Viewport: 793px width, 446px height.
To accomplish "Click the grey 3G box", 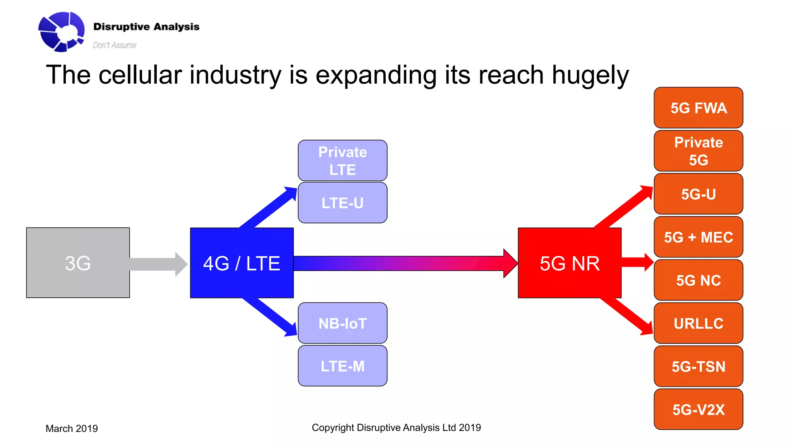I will click(x=78, y=263).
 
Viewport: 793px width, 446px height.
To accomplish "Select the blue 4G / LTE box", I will click(x=242, y=263).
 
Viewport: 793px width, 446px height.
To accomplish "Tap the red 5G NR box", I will click(x=569, y=263).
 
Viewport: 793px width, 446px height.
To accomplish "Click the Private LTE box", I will click(x=342, y=160).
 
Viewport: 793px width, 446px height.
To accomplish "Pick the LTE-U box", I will click(x=342, y=203).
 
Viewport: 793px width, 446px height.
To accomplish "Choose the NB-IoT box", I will click(x=342, y=323).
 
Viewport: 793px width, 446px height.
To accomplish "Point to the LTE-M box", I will click(x=342, y=366).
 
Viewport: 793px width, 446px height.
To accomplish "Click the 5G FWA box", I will click(x=698, y=108).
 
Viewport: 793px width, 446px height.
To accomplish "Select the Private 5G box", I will click(x=698, y=151).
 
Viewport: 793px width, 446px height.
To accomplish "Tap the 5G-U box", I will click(x=698, y=194).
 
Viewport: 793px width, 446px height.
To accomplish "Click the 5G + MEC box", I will click(x=698, y=237).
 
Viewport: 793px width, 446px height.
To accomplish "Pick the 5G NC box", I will click(x=698, y=280).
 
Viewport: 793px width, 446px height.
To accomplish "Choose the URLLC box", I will click(x=698, y=323).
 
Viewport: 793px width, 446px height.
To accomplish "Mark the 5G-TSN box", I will click(x=698, y=366).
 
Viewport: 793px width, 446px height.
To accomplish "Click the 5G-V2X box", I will click(x=698, y=409).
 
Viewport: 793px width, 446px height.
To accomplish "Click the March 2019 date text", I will click(x=72, y=429).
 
